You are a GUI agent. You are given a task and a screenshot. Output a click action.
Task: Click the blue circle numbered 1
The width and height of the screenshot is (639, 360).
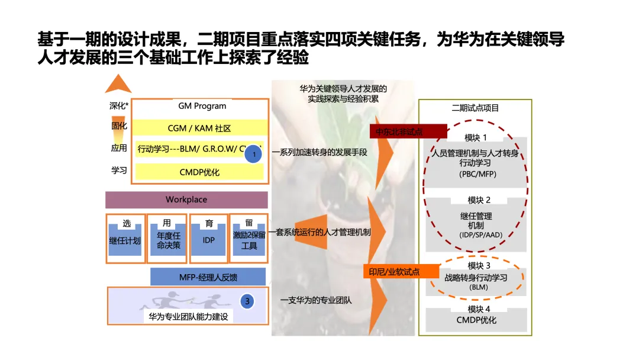coord(253,153)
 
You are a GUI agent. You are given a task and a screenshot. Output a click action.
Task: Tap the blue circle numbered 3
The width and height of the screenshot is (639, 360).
coord(248,301)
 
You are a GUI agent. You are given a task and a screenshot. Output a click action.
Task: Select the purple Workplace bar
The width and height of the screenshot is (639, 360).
coord(186,200)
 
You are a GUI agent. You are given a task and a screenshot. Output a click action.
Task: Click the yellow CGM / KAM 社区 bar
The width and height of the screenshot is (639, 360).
coord(199,128)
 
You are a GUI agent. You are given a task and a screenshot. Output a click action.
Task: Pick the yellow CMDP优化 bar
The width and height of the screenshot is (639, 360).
coord(199,172)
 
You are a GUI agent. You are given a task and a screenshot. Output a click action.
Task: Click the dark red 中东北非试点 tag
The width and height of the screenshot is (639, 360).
coord(408,131)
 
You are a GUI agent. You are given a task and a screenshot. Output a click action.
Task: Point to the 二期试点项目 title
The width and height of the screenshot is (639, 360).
coord(475,108)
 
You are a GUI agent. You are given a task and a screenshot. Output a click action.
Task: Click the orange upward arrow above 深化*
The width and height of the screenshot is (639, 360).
coord(118,84)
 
